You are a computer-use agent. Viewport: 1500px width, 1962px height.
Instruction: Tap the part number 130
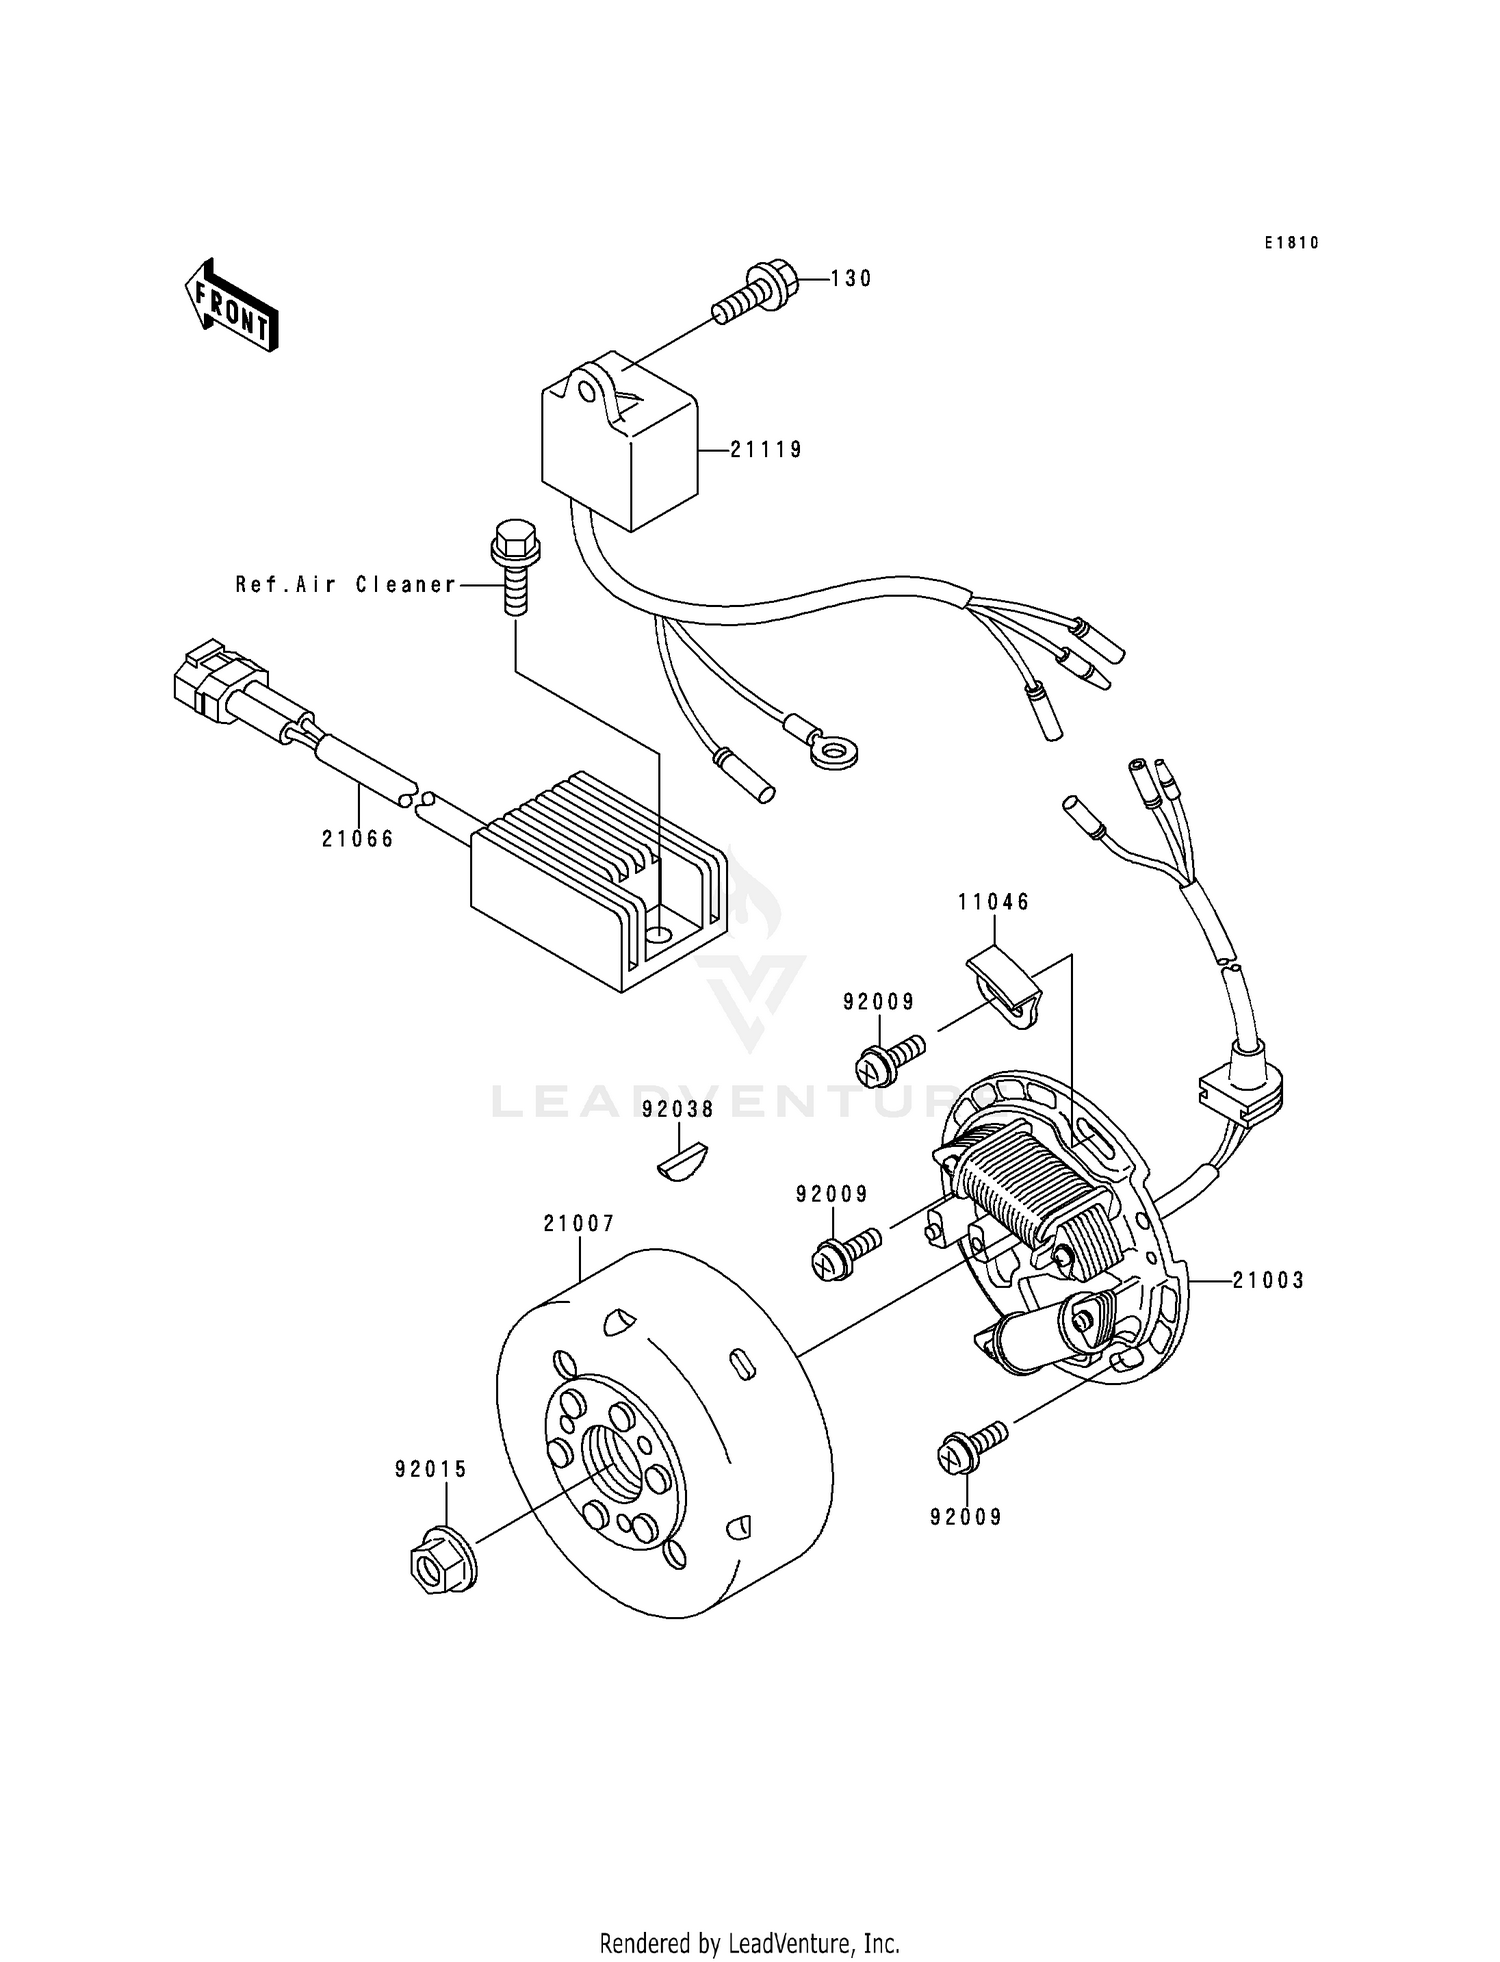point(851,279)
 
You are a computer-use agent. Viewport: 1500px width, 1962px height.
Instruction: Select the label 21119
point(766,450)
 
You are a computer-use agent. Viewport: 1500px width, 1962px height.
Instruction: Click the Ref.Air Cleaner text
point(346,585)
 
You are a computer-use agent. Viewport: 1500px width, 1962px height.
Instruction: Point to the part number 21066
point(358,839)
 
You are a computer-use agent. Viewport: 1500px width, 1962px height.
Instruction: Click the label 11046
point(993,902)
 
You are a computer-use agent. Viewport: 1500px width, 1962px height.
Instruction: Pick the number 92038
point(678,1109)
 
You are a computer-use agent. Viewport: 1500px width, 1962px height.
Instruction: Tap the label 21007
point(579,1223)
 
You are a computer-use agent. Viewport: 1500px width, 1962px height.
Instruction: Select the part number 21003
point(1268,1280)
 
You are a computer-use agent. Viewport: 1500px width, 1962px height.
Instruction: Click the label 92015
point(431,1469)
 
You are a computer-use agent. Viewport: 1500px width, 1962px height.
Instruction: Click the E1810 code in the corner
point(1291,243)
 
